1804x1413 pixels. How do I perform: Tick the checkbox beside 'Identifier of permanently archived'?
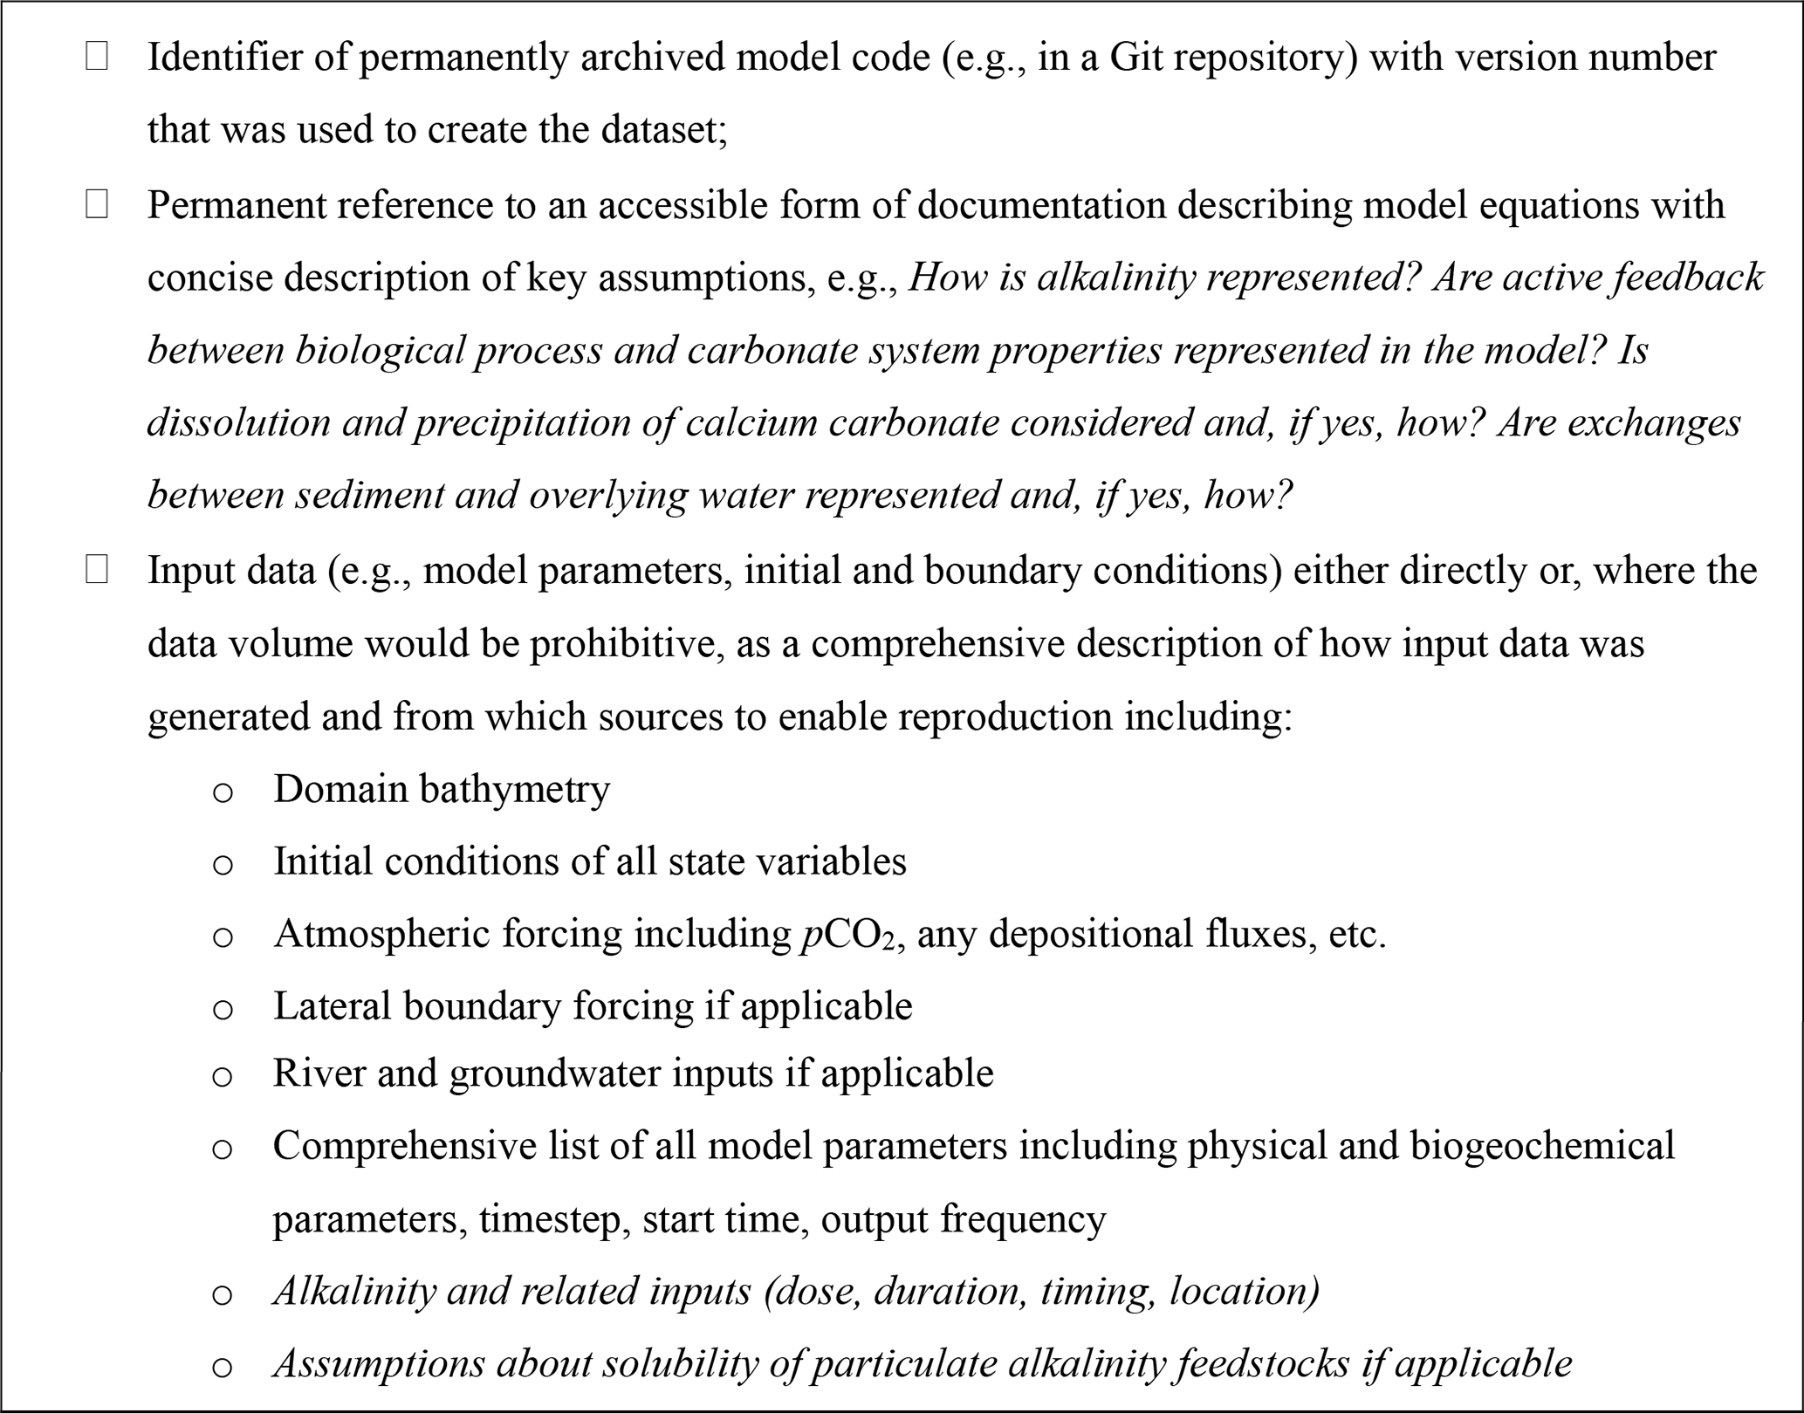point(97,58)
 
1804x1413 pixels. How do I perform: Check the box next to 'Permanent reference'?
point(97,206)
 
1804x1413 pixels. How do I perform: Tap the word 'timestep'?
point(552,1218)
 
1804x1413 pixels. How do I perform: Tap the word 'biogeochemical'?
point(1542,1146)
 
